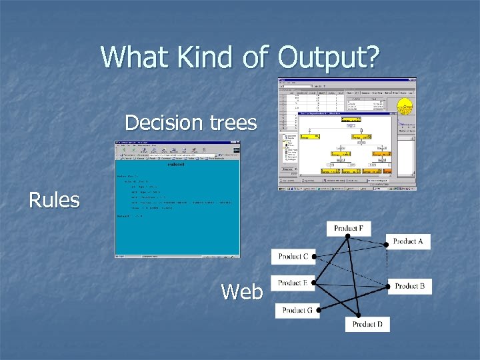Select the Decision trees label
pos(191,123)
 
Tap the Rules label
pos(54,199)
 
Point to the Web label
pos(241,291)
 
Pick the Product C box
pos(293,256)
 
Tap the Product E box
pos(293,283)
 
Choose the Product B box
pos(410,286)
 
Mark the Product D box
pos(367,324)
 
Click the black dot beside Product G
pos(319,310)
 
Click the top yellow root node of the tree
pos(351,120)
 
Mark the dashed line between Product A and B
pos(388,263)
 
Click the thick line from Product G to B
pos(353,298)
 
